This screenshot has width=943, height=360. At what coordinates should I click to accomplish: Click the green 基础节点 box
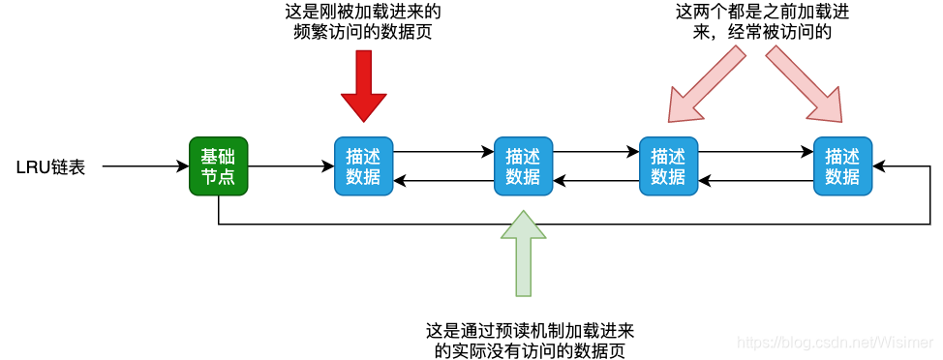pyautogui.click(x=218, y=166)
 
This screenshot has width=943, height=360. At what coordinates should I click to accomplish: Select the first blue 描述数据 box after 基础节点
pyautogui.click(x=363, y=166)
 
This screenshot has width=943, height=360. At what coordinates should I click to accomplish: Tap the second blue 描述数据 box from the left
pyautogui.click(x=523, y=166)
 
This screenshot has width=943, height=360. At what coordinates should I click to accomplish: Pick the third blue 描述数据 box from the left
pyautogui.click(x=668, y=166)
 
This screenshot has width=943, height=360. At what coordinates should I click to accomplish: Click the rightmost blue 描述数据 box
pyautogui.click(x=842, y=166)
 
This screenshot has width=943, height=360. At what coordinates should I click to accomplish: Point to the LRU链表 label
pyautogui.click(x=50, y=167)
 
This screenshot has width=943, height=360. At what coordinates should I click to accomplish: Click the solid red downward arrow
pyautogui.click(x=363, y=87)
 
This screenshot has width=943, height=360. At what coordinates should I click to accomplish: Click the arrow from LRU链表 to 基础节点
pyautogui.click(x=145, y=166)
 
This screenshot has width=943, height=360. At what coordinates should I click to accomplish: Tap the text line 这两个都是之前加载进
pyautogui.click(x=754, y=13)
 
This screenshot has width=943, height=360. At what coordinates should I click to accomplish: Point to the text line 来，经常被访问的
pyautogui.click(x=754, y=32)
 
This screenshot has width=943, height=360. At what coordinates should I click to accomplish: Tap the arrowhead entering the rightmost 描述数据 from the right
pyautogui.click(x=879, y=166)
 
